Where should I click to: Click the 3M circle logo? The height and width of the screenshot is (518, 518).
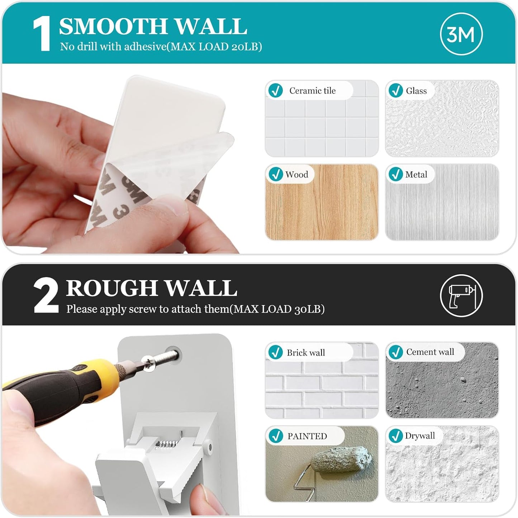(x=461, y=34)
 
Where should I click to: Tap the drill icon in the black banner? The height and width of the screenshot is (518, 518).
(x=461, y=295)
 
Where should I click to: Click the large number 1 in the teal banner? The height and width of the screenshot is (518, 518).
(x=42, y=34)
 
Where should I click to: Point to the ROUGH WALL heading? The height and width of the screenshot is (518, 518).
(x=151, y=288)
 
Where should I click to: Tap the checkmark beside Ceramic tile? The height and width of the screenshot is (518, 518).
(x=275, y=90)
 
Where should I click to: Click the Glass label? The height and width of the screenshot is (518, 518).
(x=416, y=91)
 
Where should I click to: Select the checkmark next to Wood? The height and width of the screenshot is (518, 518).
(x=275, y=174)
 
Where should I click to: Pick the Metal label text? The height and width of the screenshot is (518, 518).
(x=416, y=174)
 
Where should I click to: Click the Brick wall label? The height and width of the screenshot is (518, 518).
(x=305, y=353)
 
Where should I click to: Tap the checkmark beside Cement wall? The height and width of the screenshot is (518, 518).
(x=395, y=352)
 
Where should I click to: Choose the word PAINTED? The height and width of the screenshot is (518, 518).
(x=307, y=436)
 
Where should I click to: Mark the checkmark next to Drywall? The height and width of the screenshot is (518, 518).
(x=395, y=436)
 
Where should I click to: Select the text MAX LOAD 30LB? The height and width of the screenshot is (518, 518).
(x=279, y=309)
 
